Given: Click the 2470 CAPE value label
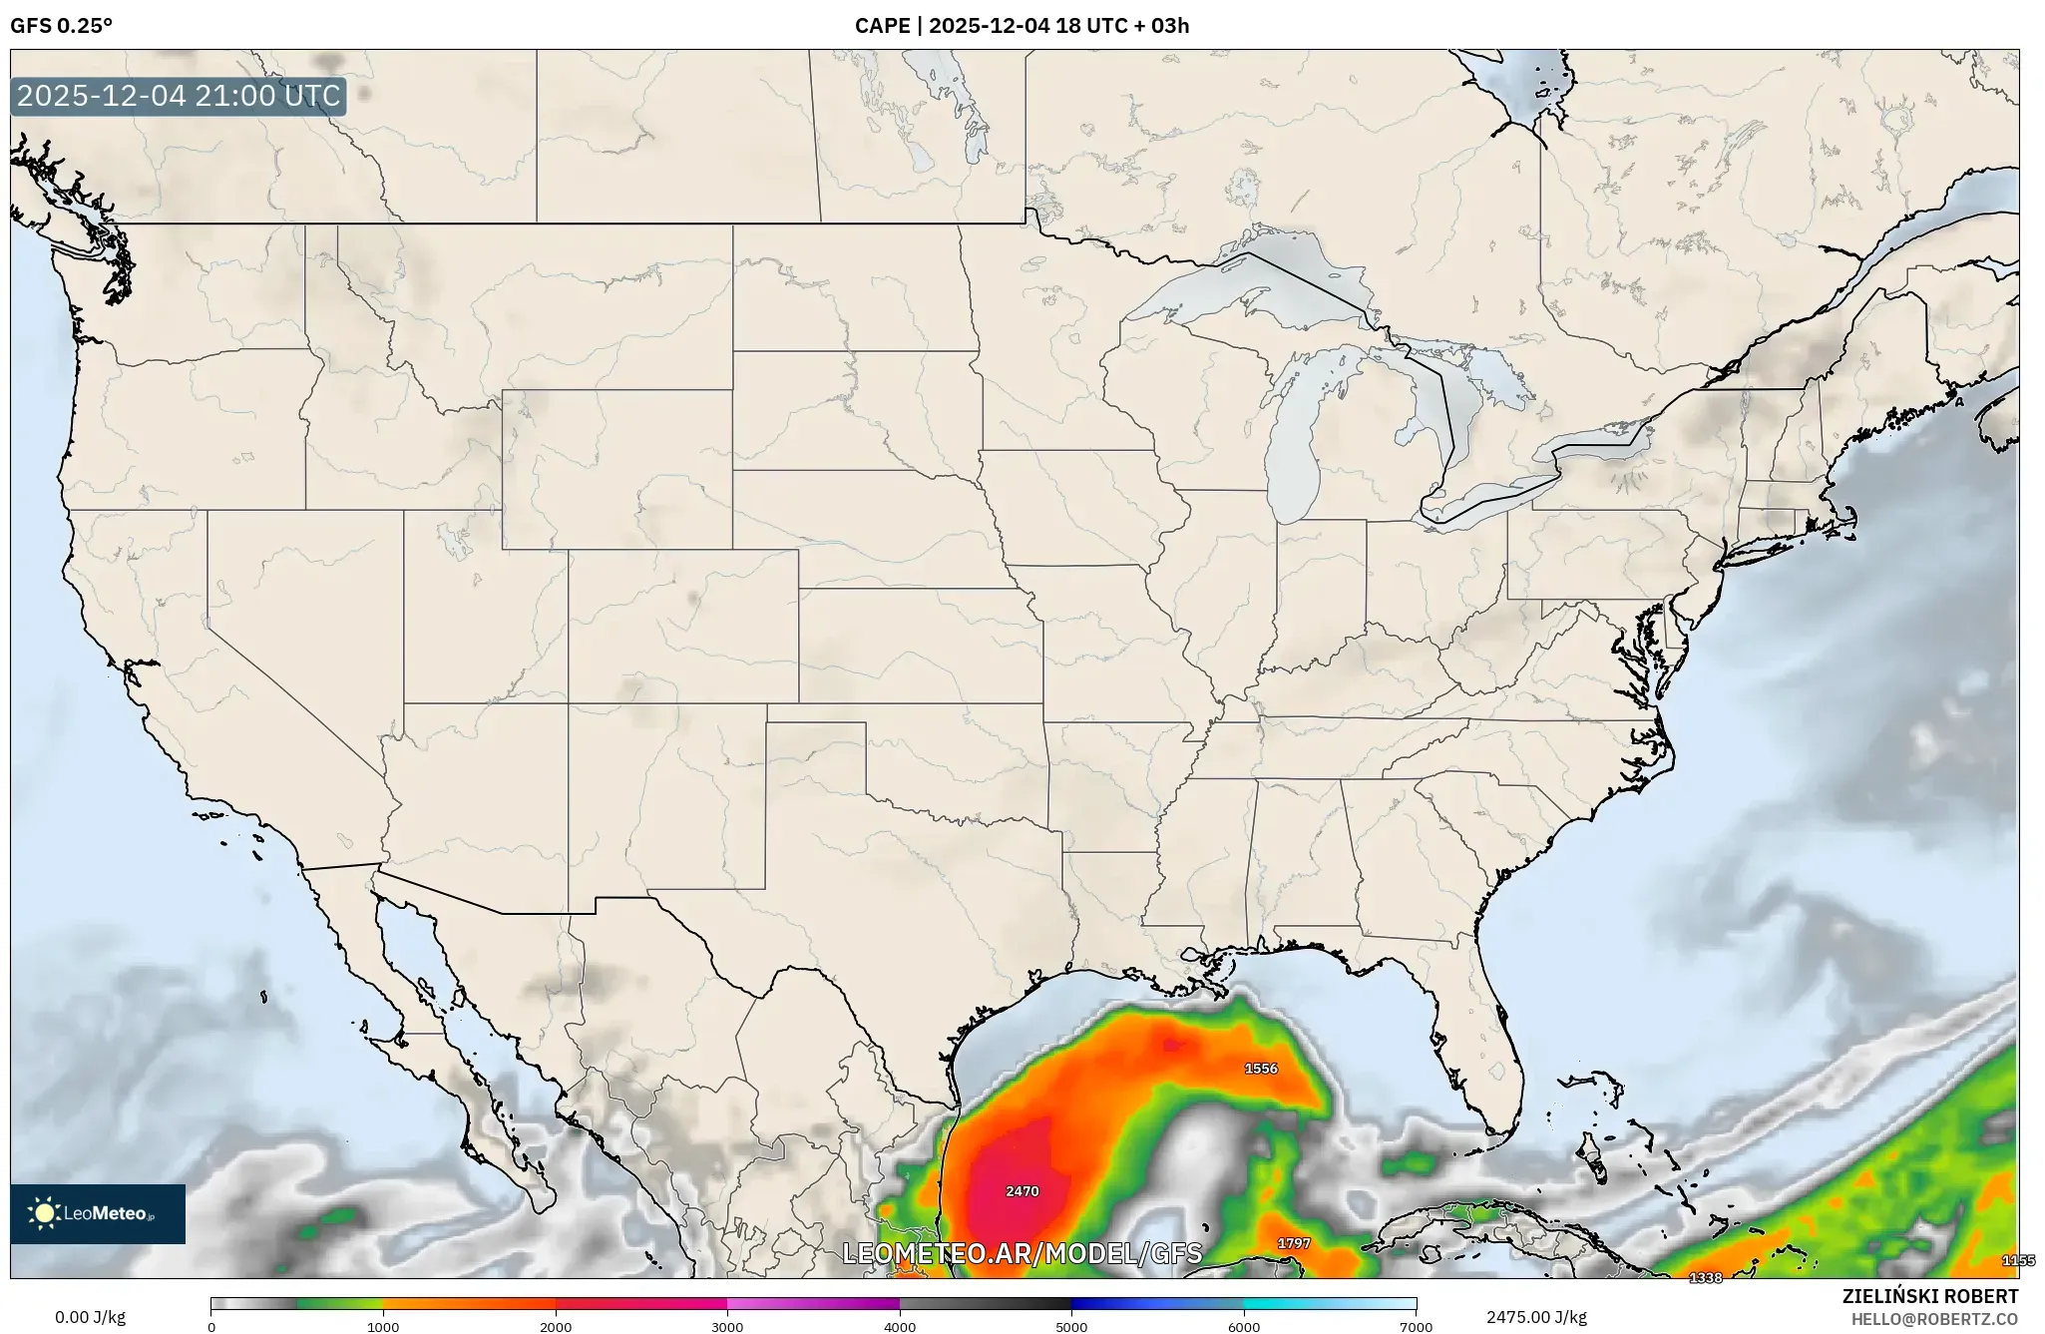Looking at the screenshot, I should pos(1022,1191).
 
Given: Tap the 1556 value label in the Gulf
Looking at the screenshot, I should pos(1261,1069).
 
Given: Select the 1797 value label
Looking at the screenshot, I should pos(1294,1243).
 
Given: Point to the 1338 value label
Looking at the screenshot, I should pos(1706,1278).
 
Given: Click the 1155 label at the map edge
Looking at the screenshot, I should pos(2018,1261).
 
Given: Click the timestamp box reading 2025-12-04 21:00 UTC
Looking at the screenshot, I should pos(179,97).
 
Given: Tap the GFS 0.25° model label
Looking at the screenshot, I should pos(61,26).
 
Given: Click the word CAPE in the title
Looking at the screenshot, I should pos(881,26).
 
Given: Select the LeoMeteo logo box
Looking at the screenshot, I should pos(98,1213).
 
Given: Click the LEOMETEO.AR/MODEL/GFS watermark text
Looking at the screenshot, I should pos(1022,1253).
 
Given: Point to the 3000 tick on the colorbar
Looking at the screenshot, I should pos(727,1327).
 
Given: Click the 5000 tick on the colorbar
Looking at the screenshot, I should pos(1071,1327).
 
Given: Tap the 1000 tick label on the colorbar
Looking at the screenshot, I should pos(383,1327).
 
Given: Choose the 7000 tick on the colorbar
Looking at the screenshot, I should pos(1416,1327).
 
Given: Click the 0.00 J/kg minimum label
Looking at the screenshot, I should pos(91,1317).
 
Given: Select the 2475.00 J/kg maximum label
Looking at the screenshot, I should pos(1536,1317).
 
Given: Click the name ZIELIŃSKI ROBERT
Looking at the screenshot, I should pos(1929,1296).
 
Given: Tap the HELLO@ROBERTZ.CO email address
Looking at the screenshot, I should pos(1934,1319).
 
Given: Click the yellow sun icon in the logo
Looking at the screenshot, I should pos(44,1213).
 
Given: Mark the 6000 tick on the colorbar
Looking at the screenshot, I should pos(1244,1327).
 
